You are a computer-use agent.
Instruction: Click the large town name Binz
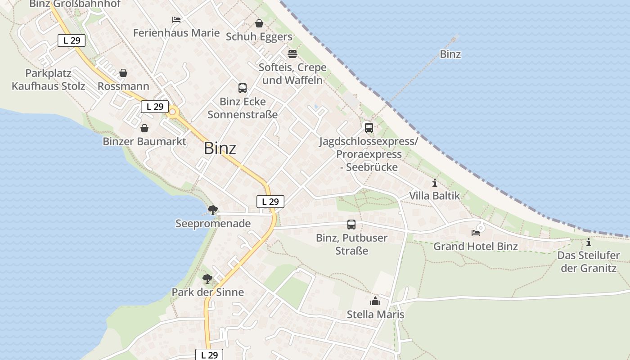pos(220,148)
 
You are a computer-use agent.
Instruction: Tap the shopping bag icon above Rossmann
pos(123,73)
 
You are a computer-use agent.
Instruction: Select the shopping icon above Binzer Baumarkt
pos(144,129)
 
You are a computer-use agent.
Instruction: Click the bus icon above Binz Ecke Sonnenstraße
pos(243,88)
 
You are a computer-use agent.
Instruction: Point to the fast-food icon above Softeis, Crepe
pos(292,54)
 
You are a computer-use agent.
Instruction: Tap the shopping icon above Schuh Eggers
pos(259,23)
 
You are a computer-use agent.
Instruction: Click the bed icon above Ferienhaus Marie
pos(176,20)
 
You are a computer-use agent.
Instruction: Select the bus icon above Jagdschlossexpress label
pos(369,128)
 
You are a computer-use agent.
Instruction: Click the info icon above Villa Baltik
pos(435,183)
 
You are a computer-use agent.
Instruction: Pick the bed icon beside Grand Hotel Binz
pos(476,233)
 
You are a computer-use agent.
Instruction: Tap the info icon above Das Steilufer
pos(589,243)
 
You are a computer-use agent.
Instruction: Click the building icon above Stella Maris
pos(375,301)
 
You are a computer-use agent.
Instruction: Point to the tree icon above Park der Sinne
pos(207,279)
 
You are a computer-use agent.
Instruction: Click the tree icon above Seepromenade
pos(213,210)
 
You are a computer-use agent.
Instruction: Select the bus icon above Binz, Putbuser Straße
pos(351,224)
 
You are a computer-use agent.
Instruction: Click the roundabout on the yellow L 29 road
pos(173,112)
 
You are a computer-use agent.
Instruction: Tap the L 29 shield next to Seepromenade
pos(270,202)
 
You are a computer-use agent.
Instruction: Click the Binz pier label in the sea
pos(450,54)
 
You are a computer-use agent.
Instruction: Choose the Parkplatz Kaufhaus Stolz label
pos(48,80)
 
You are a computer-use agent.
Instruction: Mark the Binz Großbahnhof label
pos(75,4)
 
